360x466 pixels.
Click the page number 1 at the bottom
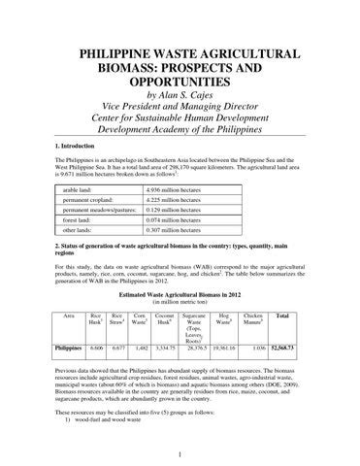pos(181,452)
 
